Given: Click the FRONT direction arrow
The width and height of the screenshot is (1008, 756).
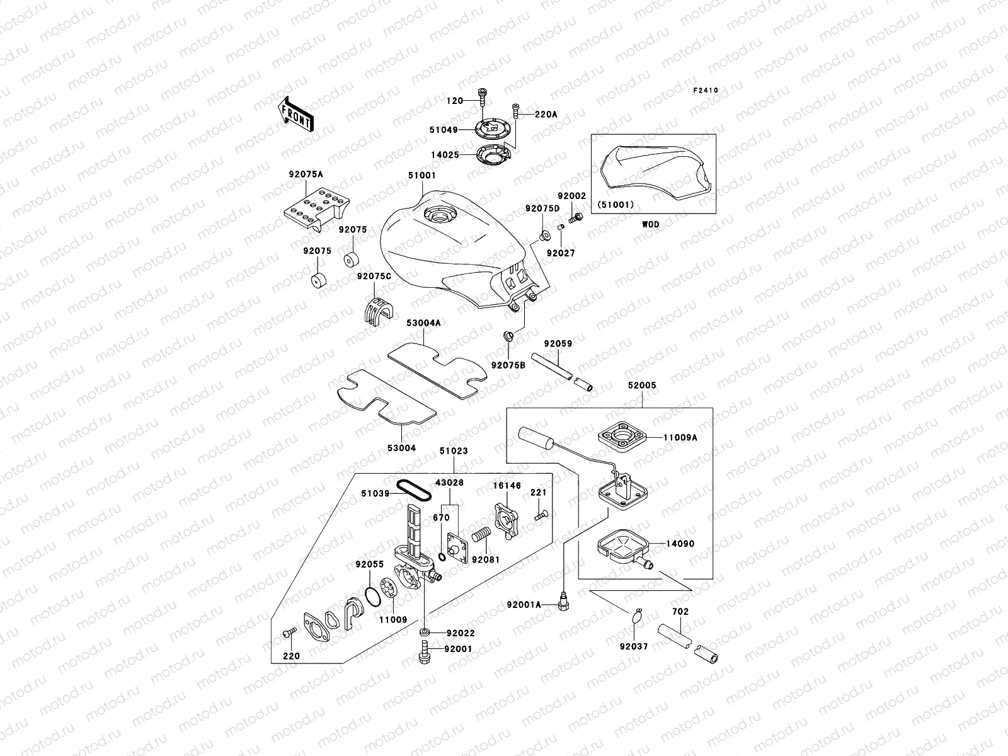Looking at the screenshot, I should [296, 114].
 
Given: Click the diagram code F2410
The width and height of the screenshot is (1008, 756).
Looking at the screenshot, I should [706, 91].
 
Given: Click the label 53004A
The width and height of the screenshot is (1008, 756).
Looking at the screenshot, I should [423, 323].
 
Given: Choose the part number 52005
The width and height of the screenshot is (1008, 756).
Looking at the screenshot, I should [641, 385].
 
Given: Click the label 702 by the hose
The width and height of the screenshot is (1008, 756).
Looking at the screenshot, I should [680, 611].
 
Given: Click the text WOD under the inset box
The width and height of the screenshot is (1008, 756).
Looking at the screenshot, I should [651, 224].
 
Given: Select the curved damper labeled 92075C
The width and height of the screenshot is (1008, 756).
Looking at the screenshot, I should [378, 311].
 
